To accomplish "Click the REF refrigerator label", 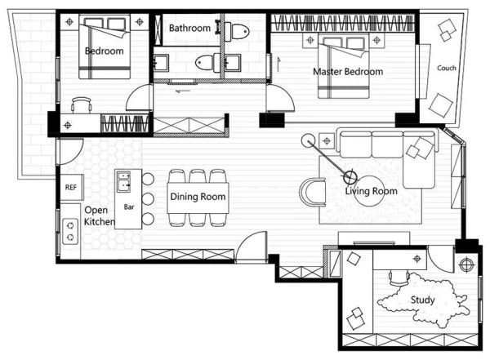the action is point(70,187).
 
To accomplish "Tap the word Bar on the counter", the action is point(129,207).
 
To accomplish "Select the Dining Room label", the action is point(198,197).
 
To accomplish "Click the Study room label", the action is point(422,300).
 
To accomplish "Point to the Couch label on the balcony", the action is point(447,68).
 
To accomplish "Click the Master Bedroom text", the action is point(348,72).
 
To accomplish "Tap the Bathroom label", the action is point(189,28).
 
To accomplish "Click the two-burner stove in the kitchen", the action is point(70,231).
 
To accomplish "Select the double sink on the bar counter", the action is point(124,181).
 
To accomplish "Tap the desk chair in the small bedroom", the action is point(81,104).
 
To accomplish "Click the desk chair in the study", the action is point(399,278).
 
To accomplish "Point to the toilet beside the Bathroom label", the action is point(237,31).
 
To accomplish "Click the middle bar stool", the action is point(148,198).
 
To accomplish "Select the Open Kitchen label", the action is point(99,216).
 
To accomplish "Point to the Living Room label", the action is point(372,191).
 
